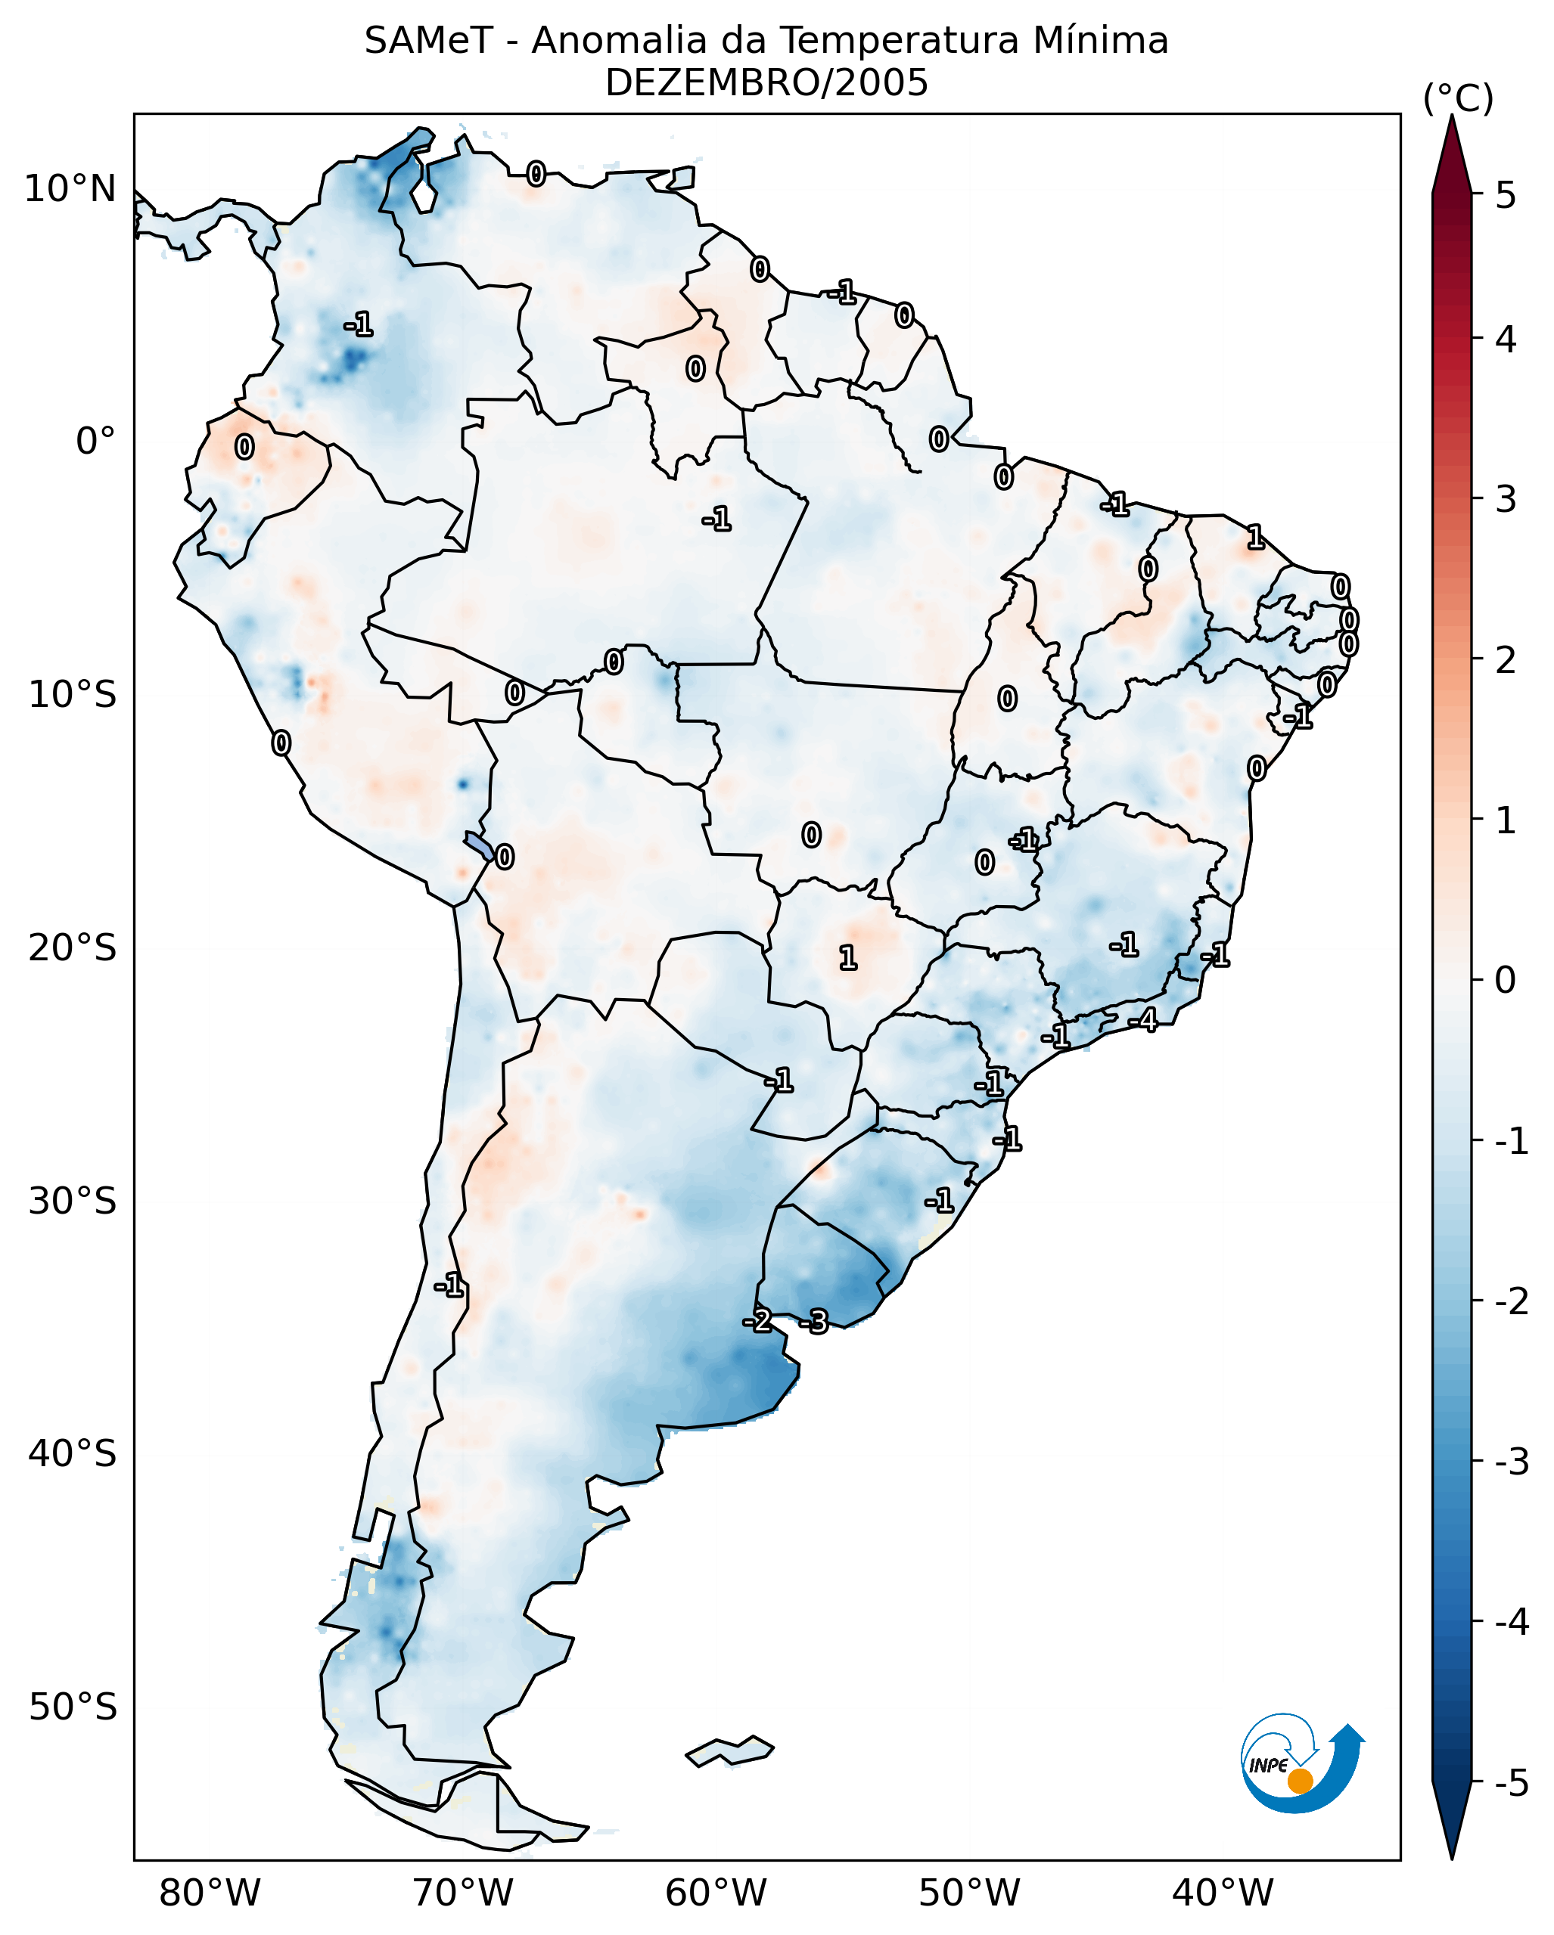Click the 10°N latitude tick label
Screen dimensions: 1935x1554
coord(70,189)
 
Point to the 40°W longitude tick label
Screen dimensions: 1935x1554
coord(1222,1893)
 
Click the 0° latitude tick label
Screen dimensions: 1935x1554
coord(95,442)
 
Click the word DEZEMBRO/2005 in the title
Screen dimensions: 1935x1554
coord(766,83)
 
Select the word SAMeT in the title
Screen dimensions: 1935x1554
coord(427,42)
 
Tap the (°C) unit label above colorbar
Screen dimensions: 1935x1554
coord(1458,99)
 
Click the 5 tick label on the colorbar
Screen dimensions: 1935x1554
coord(1506,195)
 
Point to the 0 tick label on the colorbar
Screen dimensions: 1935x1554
coord(1506,979)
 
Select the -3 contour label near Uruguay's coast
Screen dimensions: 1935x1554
coord(814,1321)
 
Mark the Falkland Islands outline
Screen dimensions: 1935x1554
coord(729,1751)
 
